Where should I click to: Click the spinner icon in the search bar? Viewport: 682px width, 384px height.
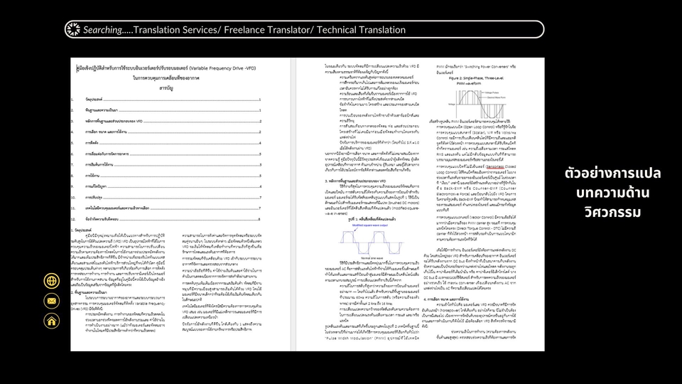(x=73, y=29)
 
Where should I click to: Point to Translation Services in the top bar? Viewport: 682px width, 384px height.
(x=180, y=30)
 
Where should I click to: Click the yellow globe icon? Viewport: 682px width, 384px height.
(x=52, y=281)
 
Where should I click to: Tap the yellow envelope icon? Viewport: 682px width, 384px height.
(x=52, y=301)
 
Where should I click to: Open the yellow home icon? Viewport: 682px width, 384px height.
(x=52, y=321)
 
